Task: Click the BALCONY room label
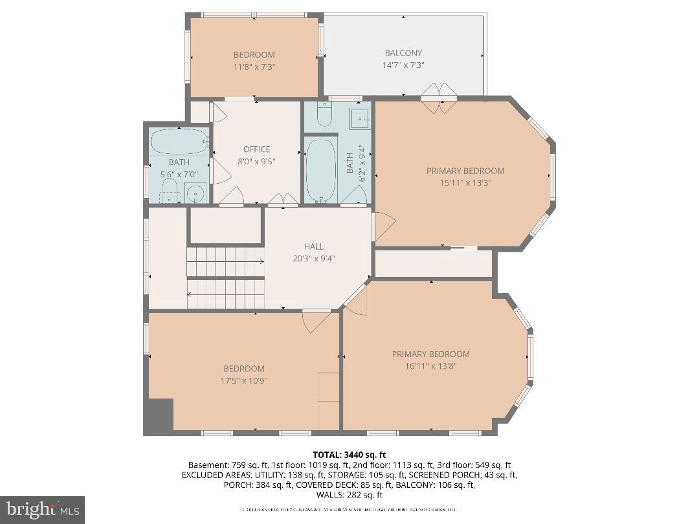(403, 53)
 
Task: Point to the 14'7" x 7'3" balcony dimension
(403, 65)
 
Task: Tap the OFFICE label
(256, 149)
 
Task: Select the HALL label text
(314, 246)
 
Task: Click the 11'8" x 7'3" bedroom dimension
(254, 67)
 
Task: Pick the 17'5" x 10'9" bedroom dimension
(243, 380)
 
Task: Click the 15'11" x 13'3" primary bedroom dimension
(465, 182)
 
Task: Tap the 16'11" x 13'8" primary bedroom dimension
(430, 366)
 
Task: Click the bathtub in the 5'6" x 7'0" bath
(179, 141)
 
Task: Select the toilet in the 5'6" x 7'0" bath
(170, 190)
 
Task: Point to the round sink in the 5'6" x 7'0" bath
(195, 192)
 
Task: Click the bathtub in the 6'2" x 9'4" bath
(320, 170)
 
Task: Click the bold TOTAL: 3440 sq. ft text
(349, 455)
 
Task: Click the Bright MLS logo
(42, 510)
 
